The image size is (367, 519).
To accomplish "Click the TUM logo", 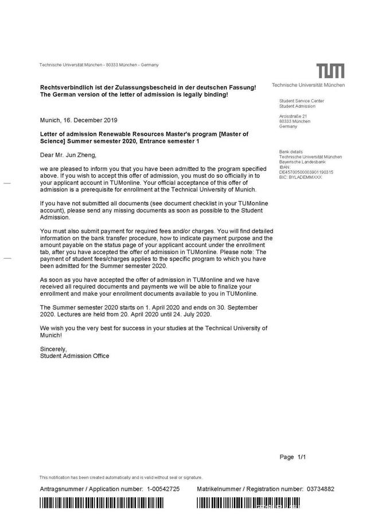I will coord(331,71).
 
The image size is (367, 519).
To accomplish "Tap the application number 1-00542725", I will coord(163,489).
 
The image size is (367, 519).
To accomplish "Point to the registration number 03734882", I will coord(321,489).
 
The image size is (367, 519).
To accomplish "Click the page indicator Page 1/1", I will coord(293,457).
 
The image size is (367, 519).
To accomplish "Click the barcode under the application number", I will coord(110,503).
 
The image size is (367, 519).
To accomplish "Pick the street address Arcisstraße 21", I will coord(293,117).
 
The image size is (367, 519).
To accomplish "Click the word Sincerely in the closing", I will coord(53,349).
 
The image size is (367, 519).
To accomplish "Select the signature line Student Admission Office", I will coord(75,356).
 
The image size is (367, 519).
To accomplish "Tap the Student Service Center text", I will coord(301,101).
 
